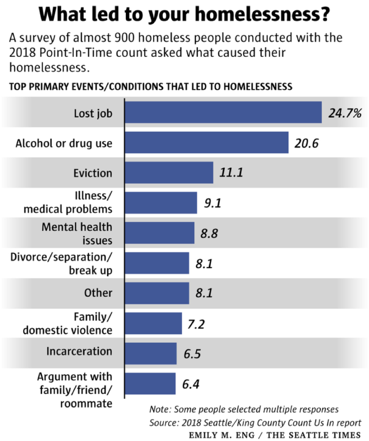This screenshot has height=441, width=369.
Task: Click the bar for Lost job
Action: point(223,112)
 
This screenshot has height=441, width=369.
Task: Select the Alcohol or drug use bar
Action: point(206,143)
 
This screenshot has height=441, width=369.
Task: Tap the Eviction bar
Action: point(169,173)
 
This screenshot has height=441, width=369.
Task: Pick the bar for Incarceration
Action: point(151,354)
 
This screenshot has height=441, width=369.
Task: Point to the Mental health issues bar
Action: point(159,233)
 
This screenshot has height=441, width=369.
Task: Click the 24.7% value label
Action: point(344,114)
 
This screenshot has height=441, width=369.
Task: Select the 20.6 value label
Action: point(307,143)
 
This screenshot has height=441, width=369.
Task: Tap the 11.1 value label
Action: point(232,173)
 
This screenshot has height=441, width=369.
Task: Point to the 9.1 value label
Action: point(212,203)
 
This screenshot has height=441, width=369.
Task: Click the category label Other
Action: point(98,293)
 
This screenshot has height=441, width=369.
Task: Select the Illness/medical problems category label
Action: point(68,202)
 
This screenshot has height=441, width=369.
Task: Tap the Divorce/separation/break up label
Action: point(61,263)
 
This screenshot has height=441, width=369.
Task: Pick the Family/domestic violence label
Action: point(68,323)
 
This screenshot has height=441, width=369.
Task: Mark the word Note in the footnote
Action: point(158,409)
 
